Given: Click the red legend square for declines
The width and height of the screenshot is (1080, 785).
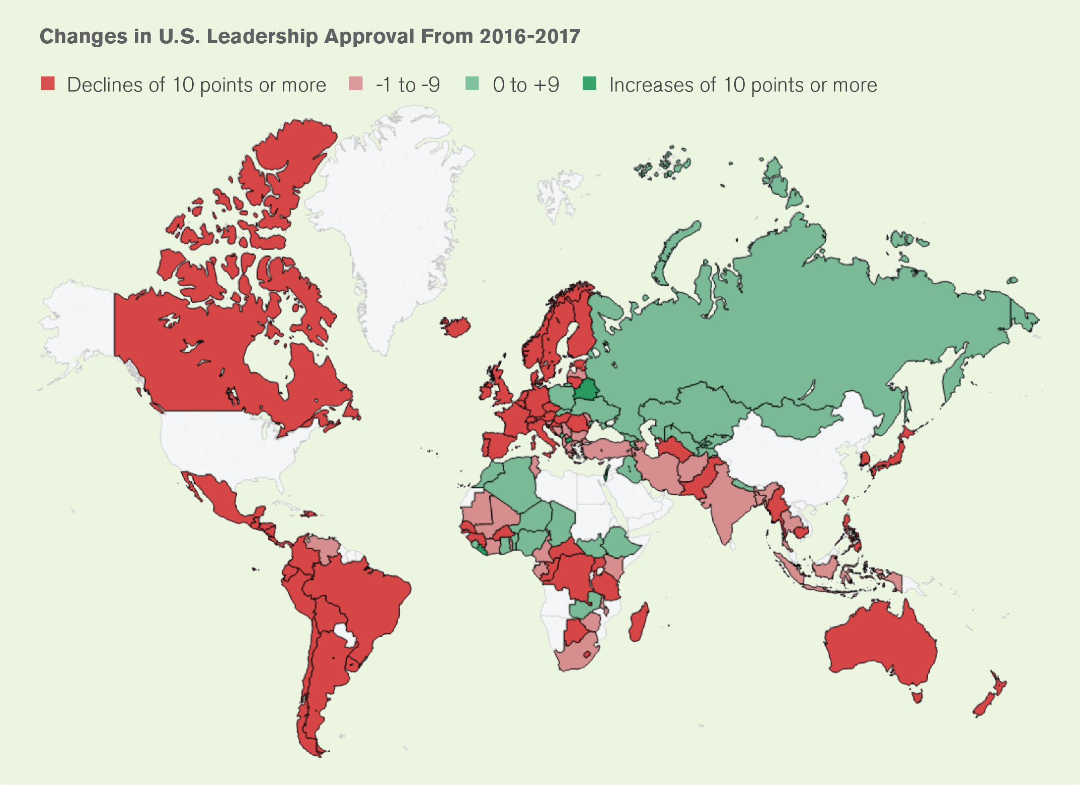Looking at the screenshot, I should [48, 83].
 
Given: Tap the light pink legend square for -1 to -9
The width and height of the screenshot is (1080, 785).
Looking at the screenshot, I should [356, 83].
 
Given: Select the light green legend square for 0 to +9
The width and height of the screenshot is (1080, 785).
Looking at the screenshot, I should [472, 83].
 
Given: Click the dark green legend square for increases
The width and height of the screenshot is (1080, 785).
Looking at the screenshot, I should [589, 83].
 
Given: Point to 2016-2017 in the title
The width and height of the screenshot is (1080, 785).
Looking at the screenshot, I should [529, 37].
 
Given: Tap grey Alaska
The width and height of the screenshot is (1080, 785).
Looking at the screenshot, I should [81, 322].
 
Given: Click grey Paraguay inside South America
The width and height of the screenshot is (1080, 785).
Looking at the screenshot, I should [344, 634].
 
